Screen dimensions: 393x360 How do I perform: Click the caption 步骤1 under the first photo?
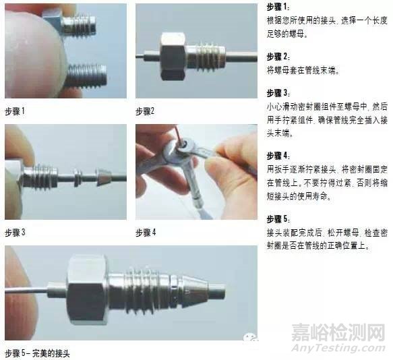click(x=15, y=111)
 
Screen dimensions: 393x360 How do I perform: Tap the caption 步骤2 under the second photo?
click(x=145, y=111)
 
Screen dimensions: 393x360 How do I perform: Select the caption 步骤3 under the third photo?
click(x=15, y=233)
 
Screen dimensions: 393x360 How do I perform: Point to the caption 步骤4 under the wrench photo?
click(x=146, y=233)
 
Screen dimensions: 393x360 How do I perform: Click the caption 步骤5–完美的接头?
click(x=37, y=353)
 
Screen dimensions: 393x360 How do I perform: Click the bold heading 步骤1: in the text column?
click(x=278, y=7)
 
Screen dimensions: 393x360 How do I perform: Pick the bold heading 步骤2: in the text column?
click(x=278, y=57)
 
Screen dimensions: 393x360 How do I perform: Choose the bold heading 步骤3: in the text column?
click(x=278, y=93)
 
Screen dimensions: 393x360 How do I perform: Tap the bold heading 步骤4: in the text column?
click(x=278, y=156)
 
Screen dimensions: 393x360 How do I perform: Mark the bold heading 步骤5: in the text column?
click(x=278, y=219)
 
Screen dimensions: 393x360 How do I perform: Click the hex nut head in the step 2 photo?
click(x=173, y=56)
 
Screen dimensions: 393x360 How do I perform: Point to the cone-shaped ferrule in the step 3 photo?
click(x=103, y=177)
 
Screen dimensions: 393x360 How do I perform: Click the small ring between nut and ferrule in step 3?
click(x=78, y=177)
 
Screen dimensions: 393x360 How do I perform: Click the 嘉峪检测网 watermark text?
click(x=338, y=332)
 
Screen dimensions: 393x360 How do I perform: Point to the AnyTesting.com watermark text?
click(x=338, y=348)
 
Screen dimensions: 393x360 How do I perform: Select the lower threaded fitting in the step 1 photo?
click(x=86, y=76)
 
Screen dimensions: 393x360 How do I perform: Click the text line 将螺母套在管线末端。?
click(x=303, y=71)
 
